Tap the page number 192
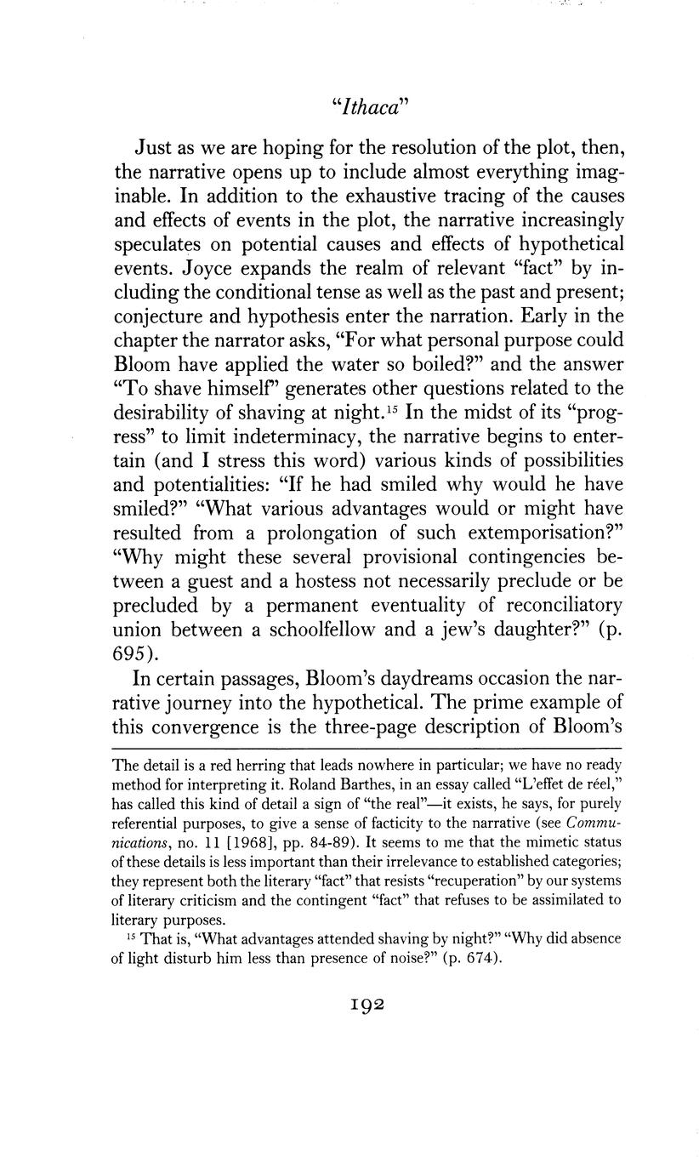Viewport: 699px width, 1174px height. point(350,1004)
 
